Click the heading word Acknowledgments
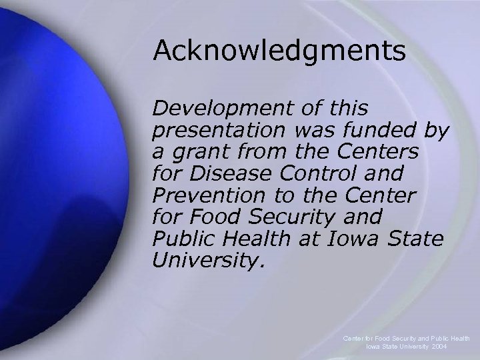[279, 51]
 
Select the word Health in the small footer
[457, 339]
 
